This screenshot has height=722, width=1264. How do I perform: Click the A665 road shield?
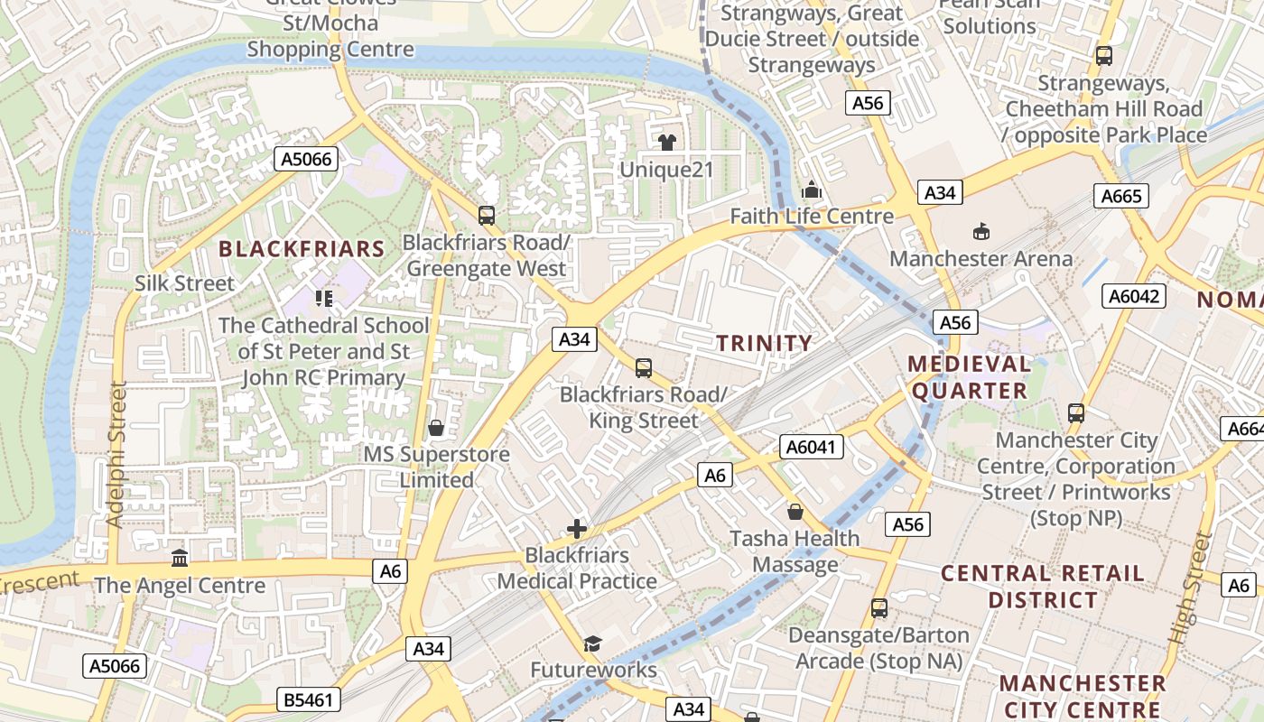[x=1121, y=196]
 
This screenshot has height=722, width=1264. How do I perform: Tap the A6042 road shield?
[x=1136, y=296]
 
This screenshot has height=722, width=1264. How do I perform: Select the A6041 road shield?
[x=813, y=447]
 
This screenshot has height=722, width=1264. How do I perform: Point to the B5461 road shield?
[x=306, y=699]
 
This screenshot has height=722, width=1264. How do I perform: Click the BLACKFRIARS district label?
[x=302, y=248]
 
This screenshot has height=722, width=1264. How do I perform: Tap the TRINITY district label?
[x=764, y=343]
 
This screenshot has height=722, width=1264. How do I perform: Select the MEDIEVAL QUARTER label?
[x=969, y=377]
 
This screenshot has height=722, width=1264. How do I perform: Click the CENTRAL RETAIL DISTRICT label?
[x=1043, y=587]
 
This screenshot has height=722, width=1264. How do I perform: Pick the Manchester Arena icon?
[x=981, y=232]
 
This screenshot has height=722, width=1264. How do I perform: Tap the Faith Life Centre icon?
[x=812, y=190]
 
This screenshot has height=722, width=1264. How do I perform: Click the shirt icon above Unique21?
[x=667, y=142]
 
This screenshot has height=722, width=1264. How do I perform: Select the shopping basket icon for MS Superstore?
[x=436, y=427]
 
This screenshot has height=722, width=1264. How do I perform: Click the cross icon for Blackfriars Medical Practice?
[x=577, y=529]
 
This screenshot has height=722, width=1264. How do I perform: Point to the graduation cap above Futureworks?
[x=592, y=643]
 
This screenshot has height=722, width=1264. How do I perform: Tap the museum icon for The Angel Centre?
[x=180, y=559]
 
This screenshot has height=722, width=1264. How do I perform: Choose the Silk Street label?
[x=184, y=283]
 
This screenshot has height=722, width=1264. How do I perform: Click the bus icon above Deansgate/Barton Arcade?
[x=879, y=608]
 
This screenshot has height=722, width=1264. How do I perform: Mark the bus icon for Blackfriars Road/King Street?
[x=643, y=368]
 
